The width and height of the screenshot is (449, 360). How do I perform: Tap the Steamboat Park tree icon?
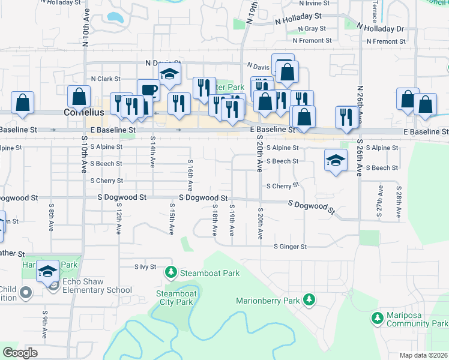(x=171, y=273)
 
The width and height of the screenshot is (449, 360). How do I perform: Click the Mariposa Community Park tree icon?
(x=378, y=316)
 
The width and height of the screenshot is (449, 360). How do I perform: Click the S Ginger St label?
(x=291, y=247)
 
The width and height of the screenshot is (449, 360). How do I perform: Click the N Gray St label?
(x=310, y=29)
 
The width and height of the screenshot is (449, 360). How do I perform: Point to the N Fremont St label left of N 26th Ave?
(x=312, y=41)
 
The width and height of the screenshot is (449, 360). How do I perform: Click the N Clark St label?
(x=106, y=79)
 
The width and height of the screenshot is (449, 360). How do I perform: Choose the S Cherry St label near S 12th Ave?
(x=106, y=181)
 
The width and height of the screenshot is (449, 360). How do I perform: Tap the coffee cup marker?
(x=148, y=91)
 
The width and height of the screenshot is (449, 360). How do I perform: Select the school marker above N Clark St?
(x=170, y=74)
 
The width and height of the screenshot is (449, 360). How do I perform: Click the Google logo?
(x=20, y=353)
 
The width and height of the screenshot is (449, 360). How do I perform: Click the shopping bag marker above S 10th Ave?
(x=79, y=96)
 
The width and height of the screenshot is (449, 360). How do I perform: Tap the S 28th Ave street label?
(x=399, y=202)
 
